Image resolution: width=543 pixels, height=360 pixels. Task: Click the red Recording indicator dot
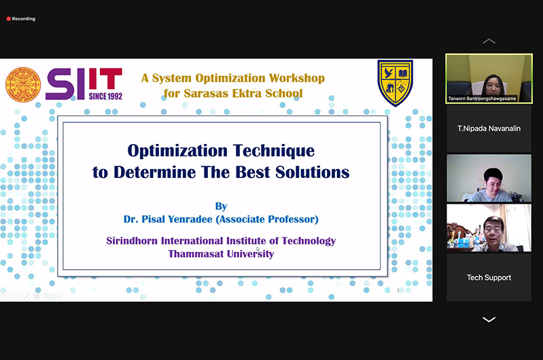pyautogui.click(x=9, y=19)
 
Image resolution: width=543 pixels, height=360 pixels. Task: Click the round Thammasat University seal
pyautogui.click(x=23, y=85)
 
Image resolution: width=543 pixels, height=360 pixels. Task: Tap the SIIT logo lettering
pyautogui.click(x=84, y=84)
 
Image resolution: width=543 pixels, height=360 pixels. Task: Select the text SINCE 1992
pyautogui.click(x=105, y=96)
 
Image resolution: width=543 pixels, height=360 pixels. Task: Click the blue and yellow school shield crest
pyautogui.click(x=395, y=83)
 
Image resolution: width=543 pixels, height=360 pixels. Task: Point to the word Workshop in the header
pyautogui.click(x=297, y=78)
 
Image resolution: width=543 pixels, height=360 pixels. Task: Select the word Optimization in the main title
pyautogui.click(x=177, y=151)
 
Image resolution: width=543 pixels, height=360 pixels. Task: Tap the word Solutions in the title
pyautogui.click(x=313, y=172)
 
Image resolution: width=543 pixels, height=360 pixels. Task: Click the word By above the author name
pyautogui.click(x=221, y=206)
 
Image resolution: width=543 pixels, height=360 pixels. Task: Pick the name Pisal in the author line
pyautogui.click(x=153, y=219)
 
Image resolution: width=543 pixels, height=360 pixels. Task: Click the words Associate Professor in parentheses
pyautogui.click(x=267, y=219)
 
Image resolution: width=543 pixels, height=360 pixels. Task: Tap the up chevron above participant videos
pyautogui.click(x=489, y=41)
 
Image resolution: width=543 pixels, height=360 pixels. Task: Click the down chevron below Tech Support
pyautogui.click(x=489, y=319)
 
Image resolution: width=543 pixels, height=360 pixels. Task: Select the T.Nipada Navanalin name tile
pyautogui.click(x=489, y=128)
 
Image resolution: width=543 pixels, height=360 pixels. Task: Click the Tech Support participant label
pyautogui.click(x=489, y=278)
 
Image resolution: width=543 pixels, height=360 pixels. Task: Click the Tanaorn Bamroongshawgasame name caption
pyautogui.click(x=482, y=98)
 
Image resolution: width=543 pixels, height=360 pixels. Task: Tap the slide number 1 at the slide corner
pyautogui.click(x=398, y=291)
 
